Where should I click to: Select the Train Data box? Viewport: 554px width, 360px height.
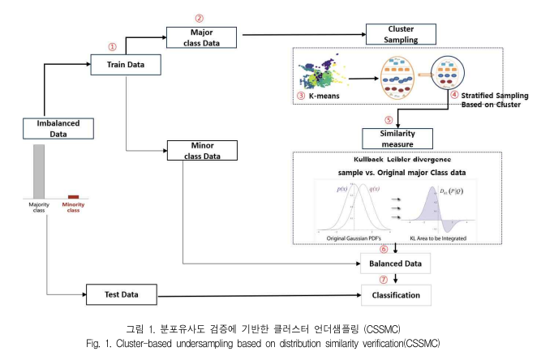(123, 63)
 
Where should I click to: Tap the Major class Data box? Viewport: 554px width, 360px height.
(202, 37)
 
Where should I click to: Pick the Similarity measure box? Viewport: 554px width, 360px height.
(397, 136)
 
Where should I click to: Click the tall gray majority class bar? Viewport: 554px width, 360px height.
(39, 170)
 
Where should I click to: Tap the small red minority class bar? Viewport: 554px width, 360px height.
(73, 195)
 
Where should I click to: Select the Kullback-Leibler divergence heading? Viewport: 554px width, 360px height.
(396, 160)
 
